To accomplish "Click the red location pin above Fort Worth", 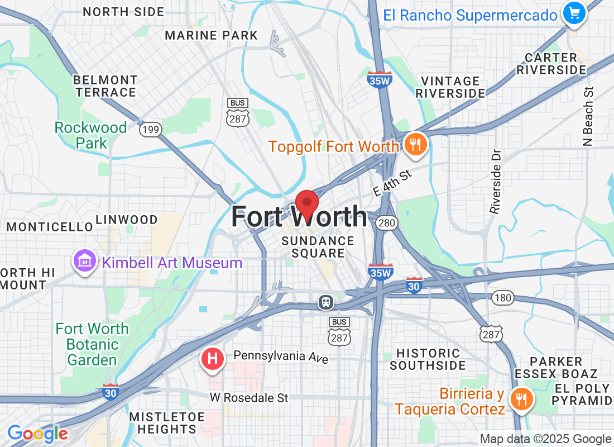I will [306, 203].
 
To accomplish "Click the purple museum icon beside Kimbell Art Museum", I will [84, 261].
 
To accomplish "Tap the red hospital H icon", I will [212, 359].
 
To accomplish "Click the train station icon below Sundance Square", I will [326, 302].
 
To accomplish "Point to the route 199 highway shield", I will [150, 130].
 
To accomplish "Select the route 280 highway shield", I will [386, 223].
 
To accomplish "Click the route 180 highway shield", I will [503, 298].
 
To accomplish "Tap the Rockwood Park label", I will [90, 135].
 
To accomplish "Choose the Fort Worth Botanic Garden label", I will [92, 344].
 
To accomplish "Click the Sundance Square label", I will [318, 247].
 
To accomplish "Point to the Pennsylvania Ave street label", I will [281, 356].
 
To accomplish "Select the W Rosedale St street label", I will [249, 398].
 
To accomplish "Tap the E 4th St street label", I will [392, 183].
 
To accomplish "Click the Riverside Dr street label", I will [495, 181].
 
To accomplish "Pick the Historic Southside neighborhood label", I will [428, 359].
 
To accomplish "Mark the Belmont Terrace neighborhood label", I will [105, 86].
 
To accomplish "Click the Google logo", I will [37, 433].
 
